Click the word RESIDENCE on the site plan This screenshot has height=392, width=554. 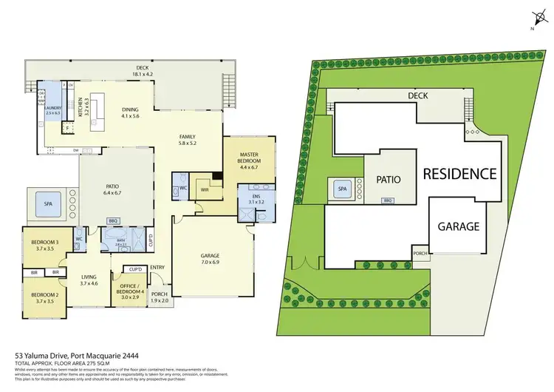[459, 175]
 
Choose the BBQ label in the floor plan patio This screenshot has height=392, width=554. [113, 220]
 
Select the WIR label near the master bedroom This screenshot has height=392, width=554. [205, 189]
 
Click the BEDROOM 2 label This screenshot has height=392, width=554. [44, 297]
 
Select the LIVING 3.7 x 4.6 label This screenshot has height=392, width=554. [89, 280]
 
